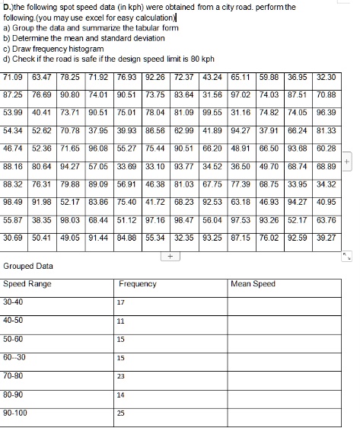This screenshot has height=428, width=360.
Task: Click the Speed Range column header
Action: point(27,284)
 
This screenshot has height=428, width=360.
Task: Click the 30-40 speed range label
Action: point(13,302)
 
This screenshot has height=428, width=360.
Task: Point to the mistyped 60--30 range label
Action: point(14,357)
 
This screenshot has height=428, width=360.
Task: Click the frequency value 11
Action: point(121,321)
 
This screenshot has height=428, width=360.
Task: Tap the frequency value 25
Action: point(121,414)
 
